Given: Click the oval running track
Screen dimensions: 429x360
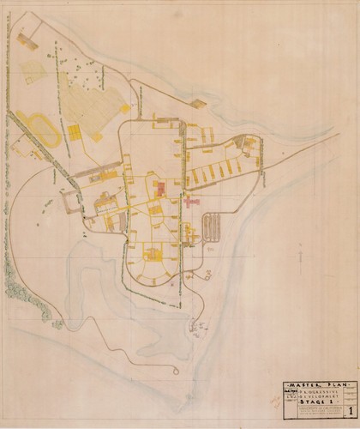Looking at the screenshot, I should pos(39,129).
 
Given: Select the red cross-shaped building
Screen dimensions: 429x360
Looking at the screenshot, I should pos(190,202).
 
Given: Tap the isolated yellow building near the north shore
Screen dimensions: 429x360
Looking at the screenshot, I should pos(199,103).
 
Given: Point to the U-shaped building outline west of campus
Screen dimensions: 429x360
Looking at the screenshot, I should pos(69,201).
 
